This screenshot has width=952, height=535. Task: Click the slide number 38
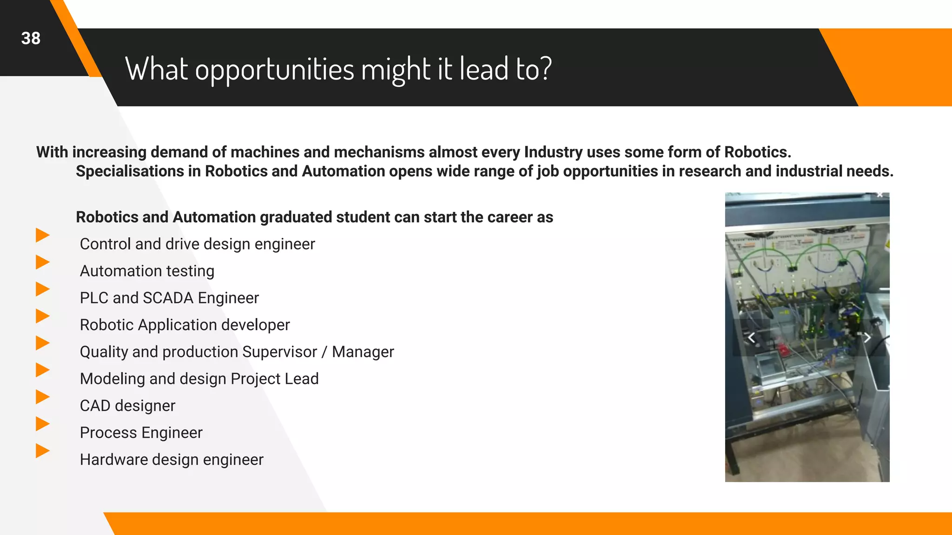click(31, 39)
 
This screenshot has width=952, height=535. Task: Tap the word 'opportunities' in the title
click(274, 70)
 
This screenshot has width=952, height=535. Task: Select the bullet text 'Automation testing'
click(147, 271)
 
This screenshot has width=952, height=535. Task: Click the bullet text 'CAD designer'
click(127, 405)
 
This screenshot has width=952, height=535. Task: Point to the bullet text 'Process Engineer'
click(141, 432)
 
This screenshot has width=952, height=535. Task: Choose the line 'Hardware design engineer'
click(172, 459)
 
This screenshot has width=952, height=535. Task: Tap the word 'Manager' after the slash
click(363, 352)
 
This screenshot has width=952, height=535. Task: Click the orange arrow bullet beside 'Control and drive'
click(42, 235)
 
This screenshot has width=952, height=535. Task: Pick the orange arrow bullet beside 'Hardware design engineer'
click(42, 450)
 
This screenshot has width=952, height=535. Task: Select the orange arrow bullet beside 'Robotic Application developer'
click(42, 316)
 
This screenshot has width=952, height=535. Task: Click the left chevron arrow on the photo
click(751, 338)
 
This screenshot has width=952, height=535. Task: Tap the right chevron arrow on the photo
click(867, 338)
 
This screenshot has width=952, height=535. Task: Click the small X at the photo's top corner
click(880, 195)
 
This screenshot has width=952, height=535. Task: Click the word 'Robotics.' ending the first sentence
click(757, 152)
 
